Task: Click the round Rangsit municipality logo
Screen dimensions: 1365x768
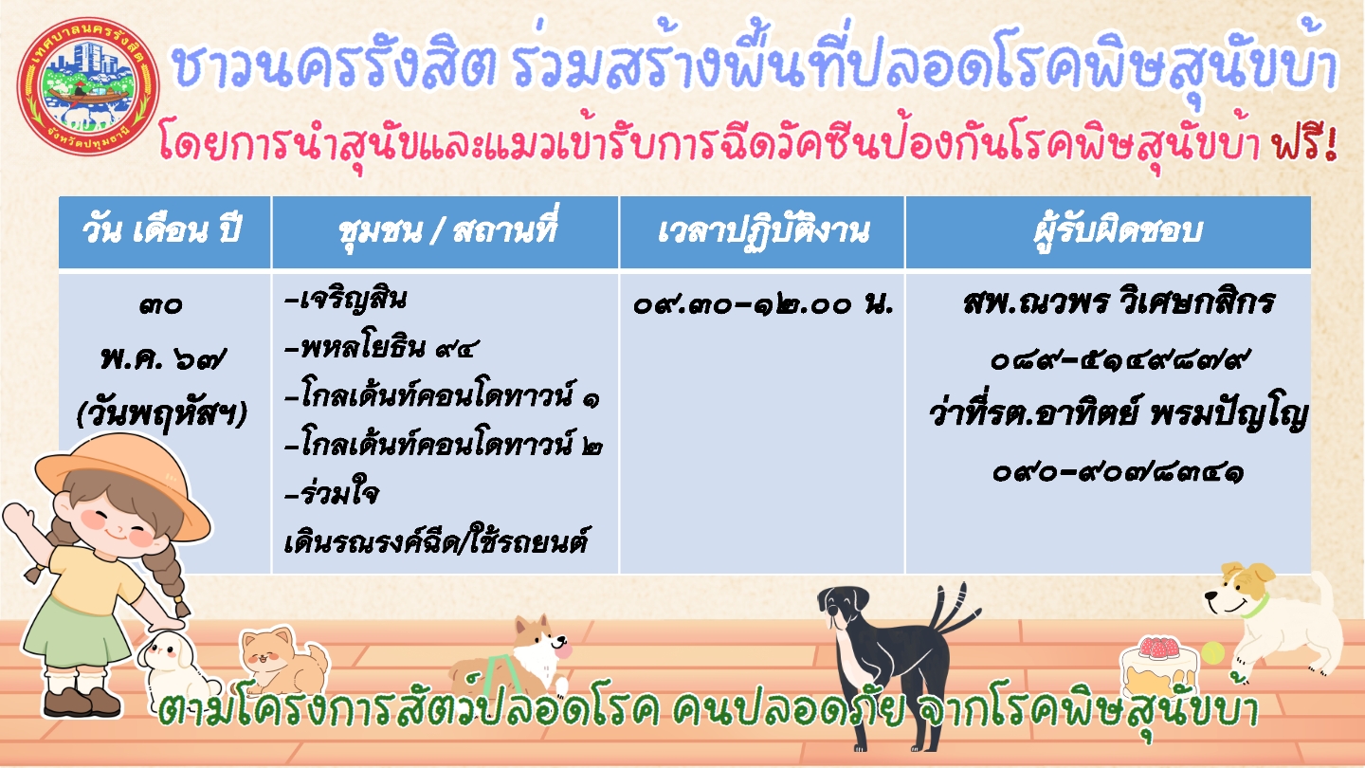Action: [88, 86]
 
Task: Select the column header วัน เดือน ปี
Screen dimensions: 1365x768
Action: [162, 231]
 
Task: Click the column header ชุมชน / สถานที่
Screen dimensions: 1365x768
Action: [446, 231]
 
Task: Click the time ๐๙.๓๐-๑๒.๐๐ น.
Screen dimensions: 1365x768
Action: [762, 304]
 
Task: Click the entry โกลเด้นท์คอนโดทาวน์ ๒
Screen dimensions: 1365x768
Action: [445, 445]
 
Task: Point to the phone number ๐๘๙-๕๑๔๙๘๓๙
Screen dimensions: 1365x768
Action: [1117, 361]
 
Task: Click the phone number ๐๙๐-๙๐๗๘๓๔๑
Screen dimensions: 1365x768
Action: [1117, 473]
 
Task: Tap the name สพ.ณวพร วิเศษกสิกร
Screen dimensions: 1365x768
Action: [1119, 303]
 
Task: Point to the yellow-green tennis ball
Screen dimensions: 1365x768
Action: [1212, 653]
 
